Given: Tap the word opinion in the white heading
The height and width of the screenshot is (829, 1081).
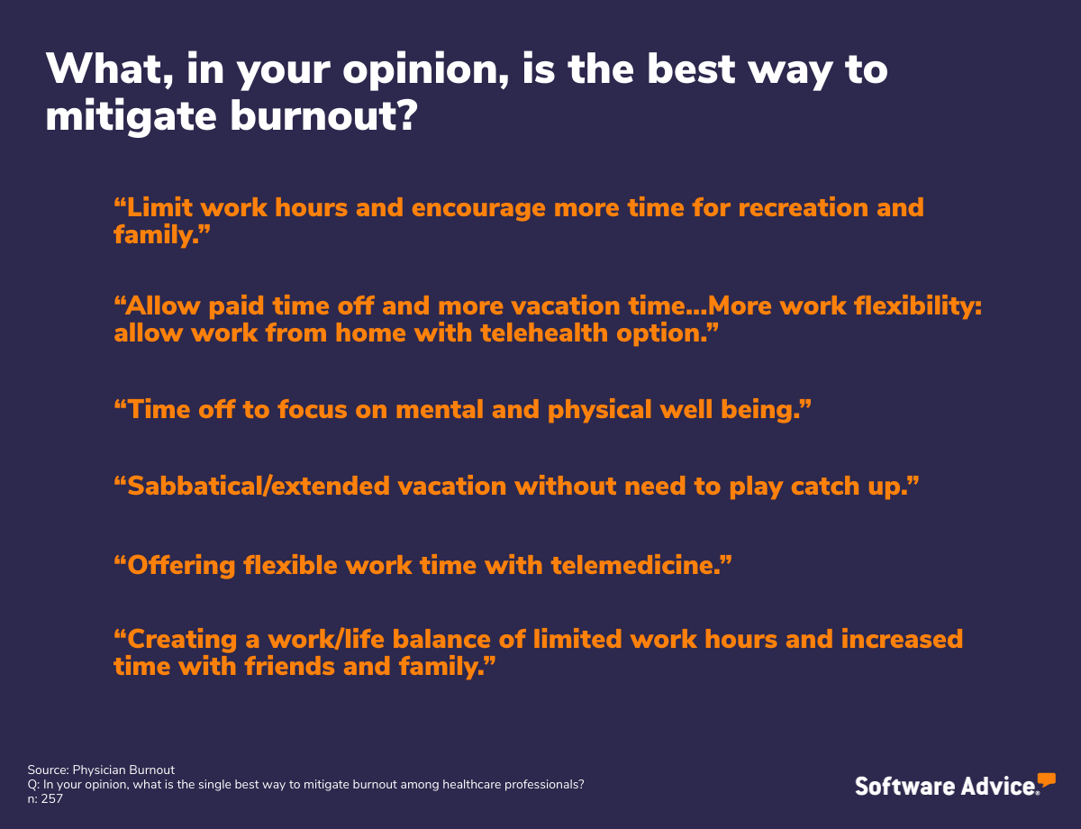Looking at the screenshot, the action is click(x=426, y=70).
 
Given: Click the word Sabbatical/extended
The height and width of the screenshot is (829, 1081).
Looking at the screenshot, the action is click(x=259, y=486).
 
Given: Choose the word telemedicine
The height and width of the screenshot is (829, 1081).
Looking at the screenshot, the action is click(x=636, y=565).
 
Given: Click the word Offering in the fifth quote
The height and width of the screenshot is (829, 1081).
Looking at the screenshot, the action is click(x=181, y=566).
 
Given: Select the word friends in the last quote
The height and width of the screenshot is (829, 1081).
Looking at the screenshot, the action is click(x=289, y=666).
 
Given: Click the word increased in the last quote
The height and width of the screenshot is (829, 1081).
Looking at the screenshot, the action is click(x=902, y=639).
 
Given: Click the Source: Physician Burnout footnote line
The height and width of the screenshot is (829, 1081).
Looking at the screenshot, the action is click(x=101, y=770).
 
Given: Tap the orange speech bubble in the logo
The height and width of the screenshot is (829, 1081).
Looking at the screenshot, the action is click(x=1046, y=779).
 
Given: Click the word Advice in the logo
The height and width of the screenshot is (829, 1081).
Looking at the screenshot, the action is click(x=998, y=787).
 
